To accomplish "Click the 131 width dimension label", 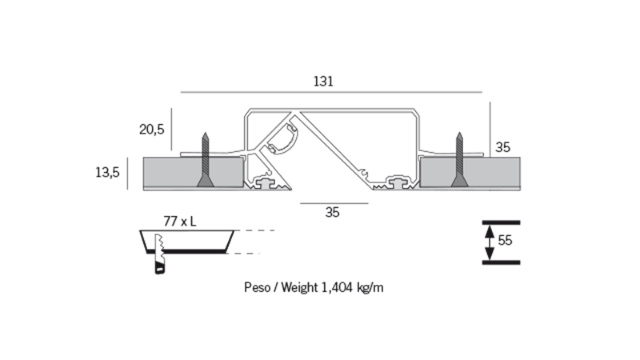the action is tap(323, 81).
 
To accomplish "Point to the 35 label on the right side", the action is tap(503, 147).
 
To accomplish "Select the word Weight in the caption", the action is tap(305, 287).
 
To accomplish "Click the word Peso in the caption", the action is tap(257, 287).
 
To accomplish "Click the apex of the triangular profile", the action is tap(300, 110).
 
